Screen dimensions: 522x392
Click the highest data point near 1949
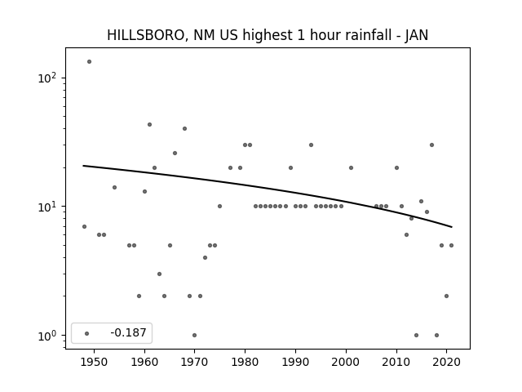(x=89, y=62)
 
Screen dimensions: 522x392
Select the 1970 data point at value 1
(x=194, y=335)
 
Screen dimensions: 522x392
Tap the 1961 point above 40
(x=149, y=125)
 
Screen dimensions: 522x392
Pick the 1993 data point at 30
(x=311, y=145)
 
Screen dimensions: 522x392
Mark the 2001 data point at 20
(x=351, y=167)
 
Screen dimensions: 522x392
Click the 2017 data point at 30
(x=431, y=145)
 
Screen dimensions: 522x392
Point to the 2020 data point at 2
(x=446, y=296)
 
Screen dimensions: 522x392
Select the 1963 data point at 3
(x=160, y=274)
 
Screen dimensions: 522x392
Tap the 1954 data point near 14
(x=114, y=187)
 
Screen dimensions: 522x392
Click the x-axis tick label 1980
(x=245, y=362)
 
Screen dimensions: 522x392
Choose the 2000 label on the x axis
(x=346, y=362)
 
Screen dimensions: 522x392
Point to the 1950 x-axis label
(x=95, y=362)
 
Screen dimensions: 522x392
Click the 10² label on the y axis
(x=47, y=78)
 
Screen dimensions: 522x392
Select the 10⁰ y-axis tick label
(x=47, y=335)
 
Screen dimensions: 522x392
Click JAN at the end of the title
(x=417, y=35)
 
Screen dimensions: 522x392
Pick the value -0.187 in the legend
(x=128, y=332)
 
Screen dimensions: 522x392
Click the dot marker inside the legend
(x=87, y=333)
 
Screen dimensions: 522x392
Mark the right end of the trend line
(x=452, y=227)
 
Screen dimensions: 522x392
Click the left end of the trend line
(x=83, y=166)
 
